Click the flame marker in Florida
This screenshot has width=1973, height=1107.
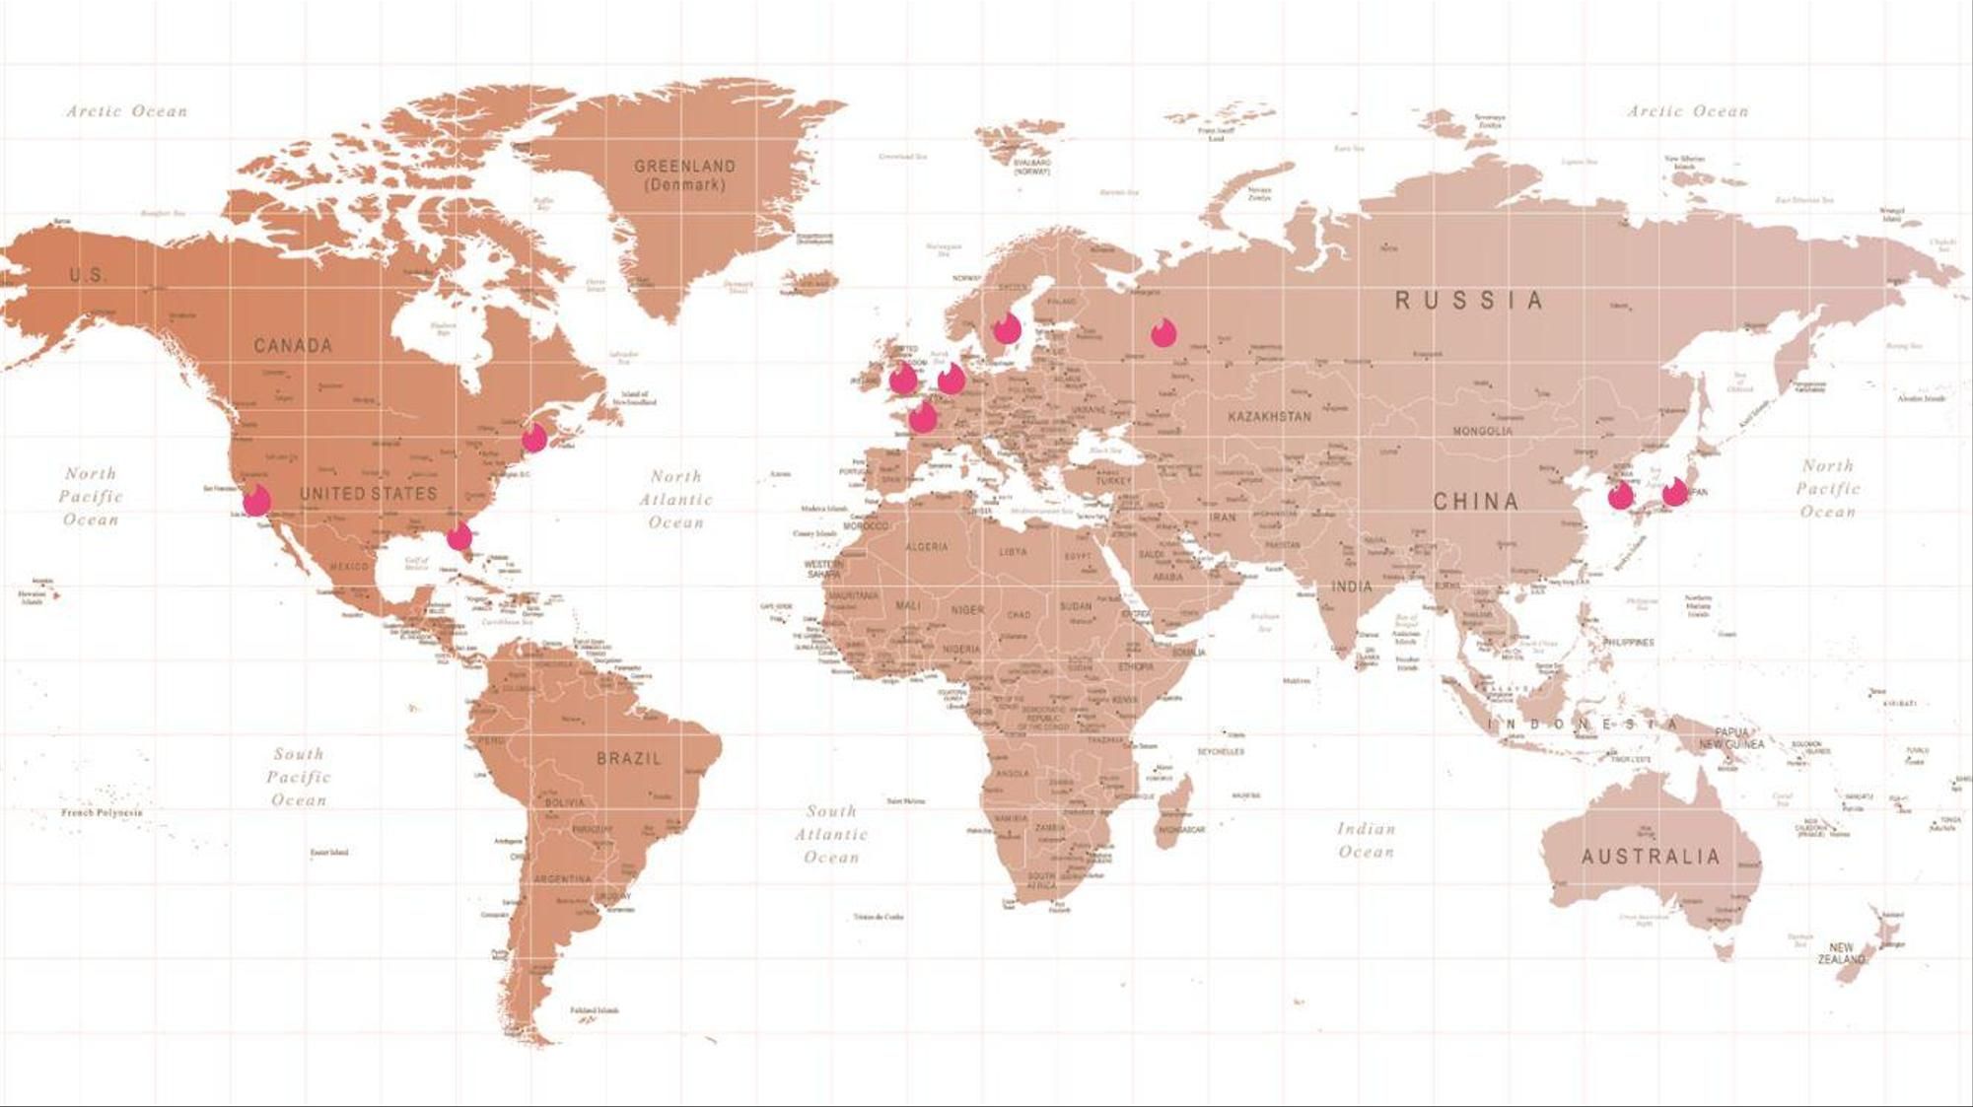458,536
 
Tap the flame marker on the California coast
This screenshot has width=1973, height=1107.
256,500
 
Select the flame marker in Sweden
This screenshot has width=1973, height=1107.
1007,328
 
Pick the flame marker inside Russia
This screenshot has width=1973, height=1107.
1163,333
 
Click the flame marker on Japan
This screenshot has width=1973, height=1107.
1674,491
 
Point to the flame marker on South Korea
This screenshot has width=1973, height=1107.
1620,496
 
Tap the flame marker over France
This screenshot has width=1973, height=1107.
923,417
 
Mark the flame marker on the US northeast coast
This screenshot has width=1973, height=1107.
533,436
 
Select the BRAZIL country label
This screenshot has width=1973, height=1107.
629,759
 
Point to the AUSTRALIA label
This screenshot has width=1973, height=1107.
1651,857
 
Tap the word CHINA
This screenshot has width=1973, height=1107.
1475,502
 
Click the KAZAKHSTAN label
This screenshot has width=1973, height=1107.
1269,417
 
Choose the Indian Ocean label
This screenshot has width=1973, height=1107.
1366,840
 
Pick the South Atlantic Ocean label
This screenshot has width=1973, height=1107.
831,834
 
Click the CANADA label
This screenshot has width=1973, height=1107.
293,346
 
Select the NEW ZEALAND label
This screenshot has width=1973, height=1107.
1841,953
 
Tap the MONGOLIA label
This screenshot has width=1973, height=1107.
1482,432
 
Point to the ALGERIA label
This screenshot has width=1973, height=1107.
927,547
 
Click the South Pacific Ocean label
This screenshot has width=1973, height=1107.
298,777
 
